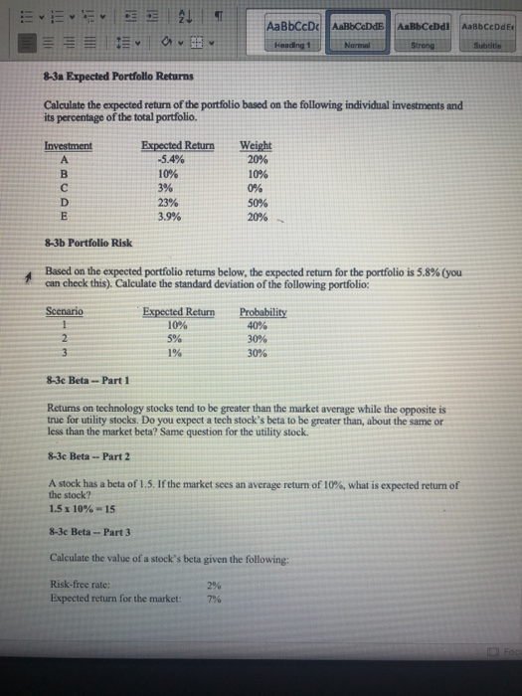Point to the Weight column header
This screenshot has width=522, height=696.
click(255, 145)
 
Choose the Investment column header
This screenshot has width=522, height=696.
click(69, 145)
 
